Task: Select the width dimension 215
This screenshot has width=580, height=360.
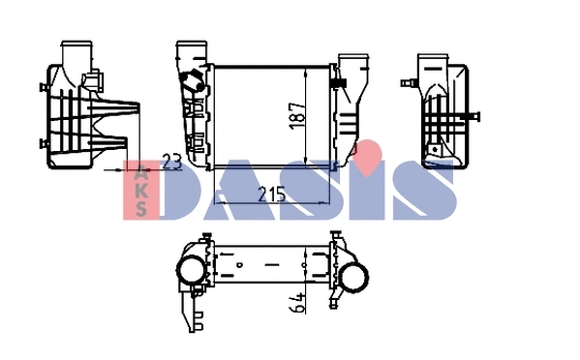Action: pos(272,195)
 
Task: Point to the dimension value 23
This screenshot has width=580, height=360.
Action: pos(172,163)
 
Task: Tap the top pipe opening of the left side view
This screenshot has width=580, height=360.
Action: pos(76,47)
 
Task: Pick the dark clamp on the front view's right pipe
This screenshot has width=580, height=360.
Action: pos(340,86)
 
